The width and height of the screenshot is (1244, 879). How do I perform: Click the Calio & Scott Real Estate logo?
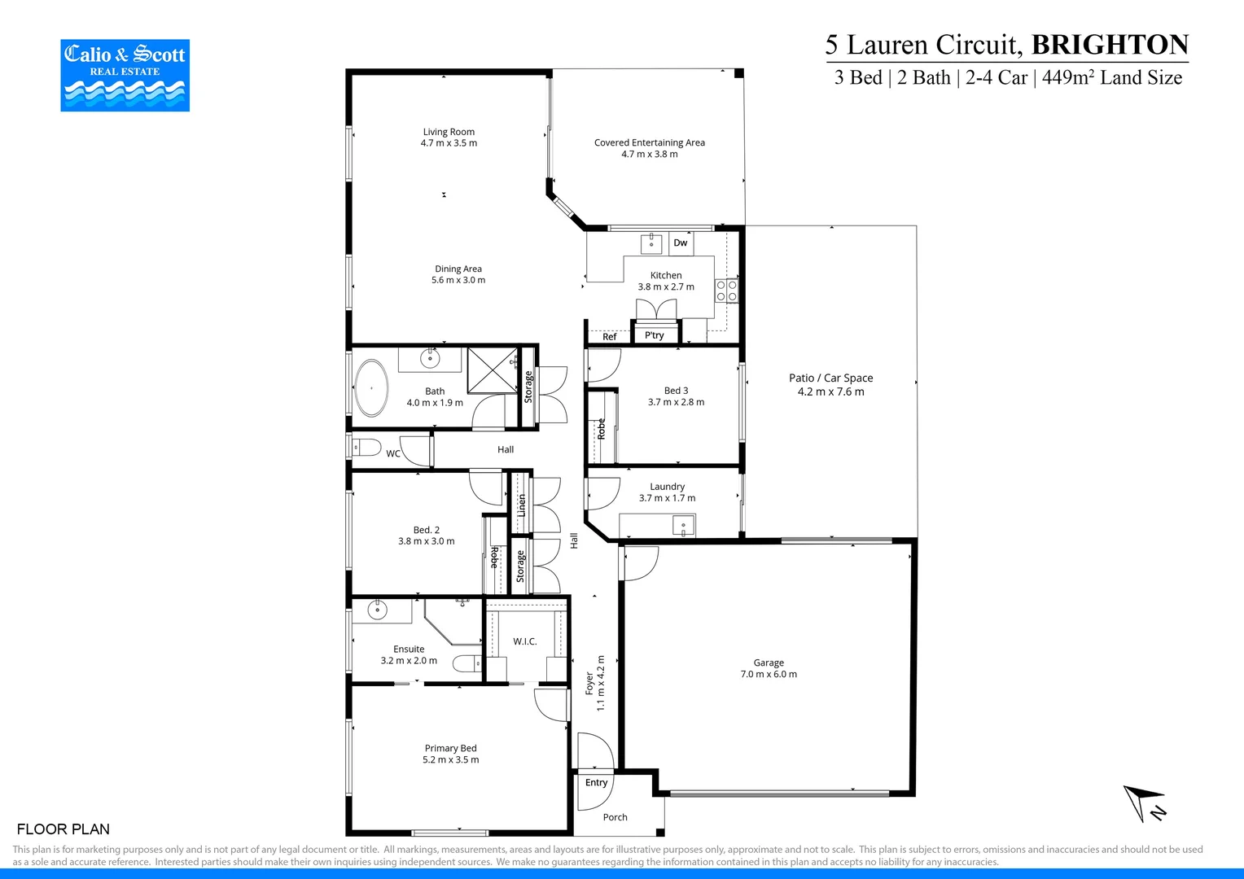(125, 75)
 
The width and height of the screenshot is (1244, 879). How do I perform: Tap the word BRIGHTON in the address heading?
(1110, 44)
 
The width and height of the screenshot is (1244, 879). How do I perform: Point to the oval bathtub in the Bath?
(371, 387)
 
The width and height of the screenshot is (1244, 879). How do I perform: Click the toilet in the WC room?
(366, 447)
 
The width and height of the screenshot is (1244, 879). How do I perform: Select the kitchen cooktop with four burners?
(726, 291)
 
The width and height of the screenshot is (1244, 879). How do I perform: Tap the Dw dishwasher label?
(680, 243)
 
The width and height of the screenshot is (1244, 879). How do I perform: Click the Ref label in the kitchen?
(609, 336)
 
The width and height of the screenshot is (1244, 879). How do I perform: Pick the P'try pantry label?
(654, 335)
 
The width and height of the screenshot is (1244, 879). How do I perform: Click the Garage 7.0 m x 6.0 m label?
(768, 668)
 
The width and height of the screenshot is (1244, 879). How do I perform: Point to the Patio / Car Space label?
(830, 384)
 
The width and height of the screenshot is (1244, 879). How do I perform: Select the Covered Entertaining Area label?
(649, 147)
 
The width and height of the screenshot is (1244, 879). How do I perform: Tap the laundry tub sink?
(682, 526)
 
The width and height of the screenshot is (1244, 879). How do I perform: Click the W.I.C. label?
(524, 641)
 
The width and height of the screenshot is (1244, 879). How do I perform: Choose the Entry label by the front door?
(596, 782)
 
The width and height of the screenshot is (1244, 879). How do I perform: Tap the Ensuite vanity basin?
(378, 609)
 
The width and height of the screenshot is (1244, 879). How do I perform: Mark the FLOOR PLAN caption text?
(63, 829)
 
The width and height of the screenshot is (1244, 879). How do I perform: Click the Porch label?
(615, 817)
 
